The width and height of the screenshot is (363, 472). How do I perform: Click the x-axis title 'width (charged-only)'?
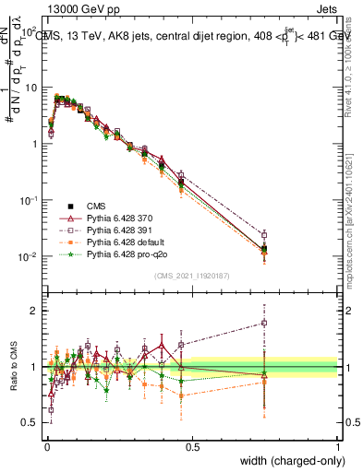(x=287, y=462)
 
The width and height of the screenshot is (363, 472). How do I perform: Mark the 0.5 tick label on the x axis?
(x=192, y=446)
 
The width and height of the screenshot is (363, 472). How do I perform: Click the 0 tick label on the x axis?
(x=46, y=446)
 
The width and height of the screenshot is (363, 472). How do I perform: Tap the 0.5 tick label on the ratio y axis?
(x=31, y=422)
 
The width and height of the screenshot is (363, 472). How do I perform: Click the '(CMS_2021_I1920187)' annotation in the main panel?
(x=191, y=274)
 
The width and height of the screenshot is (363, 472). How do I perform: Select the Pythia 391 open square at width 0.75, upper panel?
(x=264, y=235)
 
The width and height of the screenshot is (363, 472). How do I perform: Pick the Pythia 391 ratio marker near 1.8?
(x=264, y=323)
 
